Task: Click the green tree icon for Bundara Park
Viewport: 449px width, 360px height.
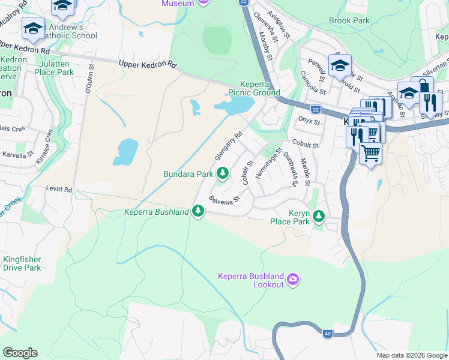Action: [223, 174]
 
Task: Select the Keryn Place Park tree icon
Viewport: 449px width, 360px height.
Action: [319, 215]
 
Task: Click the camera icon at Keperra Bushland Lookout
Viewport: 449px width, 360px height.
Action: [292, 278]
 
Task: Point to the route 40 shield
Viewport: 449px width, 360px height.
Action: [327, 334]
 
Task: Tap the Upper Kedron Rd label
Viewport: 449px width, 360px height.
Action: [148, 64]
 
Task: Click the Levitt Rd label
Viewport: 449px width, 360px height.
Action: [59, 189]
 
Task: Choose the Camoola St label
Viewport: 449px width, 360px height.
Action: [312, 83]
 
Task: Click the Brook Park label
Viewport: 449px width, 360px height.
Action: [349, 20]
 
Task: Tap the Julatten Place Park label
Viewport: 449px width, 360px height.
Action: [54, 68]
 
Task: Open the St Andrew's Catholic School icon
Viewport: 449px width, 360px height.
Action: [33, 28]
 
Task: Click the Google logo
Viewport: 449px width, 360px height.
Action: [20, 353]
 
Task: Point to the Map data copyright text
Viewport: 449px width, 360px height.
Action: [412, 355]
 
